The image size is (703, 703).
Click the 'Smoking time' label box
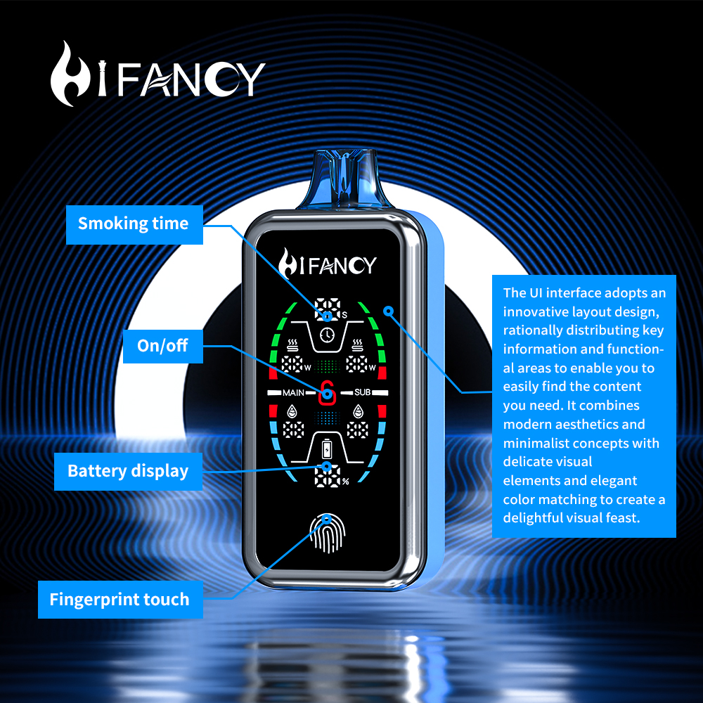pyautogui.click(x=134, y=224)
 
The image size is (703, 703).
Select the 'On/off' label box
pyautogui.click(x=162, y=346)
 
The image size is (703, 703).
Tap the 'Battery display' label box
pyautogui.click(x=128, y=471)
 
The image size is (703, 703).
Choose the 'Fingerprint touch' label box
pyautogui.click(x=120, y=600)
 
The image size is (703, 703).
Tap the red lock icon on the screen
pyautogui.click(x=326, y=393)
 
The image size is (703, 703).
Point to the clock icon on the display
pyautogui.click(x=326, y=335)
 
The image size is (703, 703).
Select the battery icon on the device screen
pyautogui.click(x=327, y=449)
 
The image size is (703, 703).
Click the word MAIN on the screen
pyautogui.click(x=293, y=393)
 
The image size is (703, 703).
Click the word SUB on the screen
pyautogui.click(x=362, y=392)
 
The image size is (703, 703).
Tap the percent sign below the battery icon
pyautogui.click(x=345, y=482)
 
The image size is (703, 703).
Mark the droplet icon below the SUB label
pyautogui.click(x=360, y=411)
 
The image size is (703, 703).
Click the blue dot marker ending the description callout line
pyautogui.click(x=387, y=310)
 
